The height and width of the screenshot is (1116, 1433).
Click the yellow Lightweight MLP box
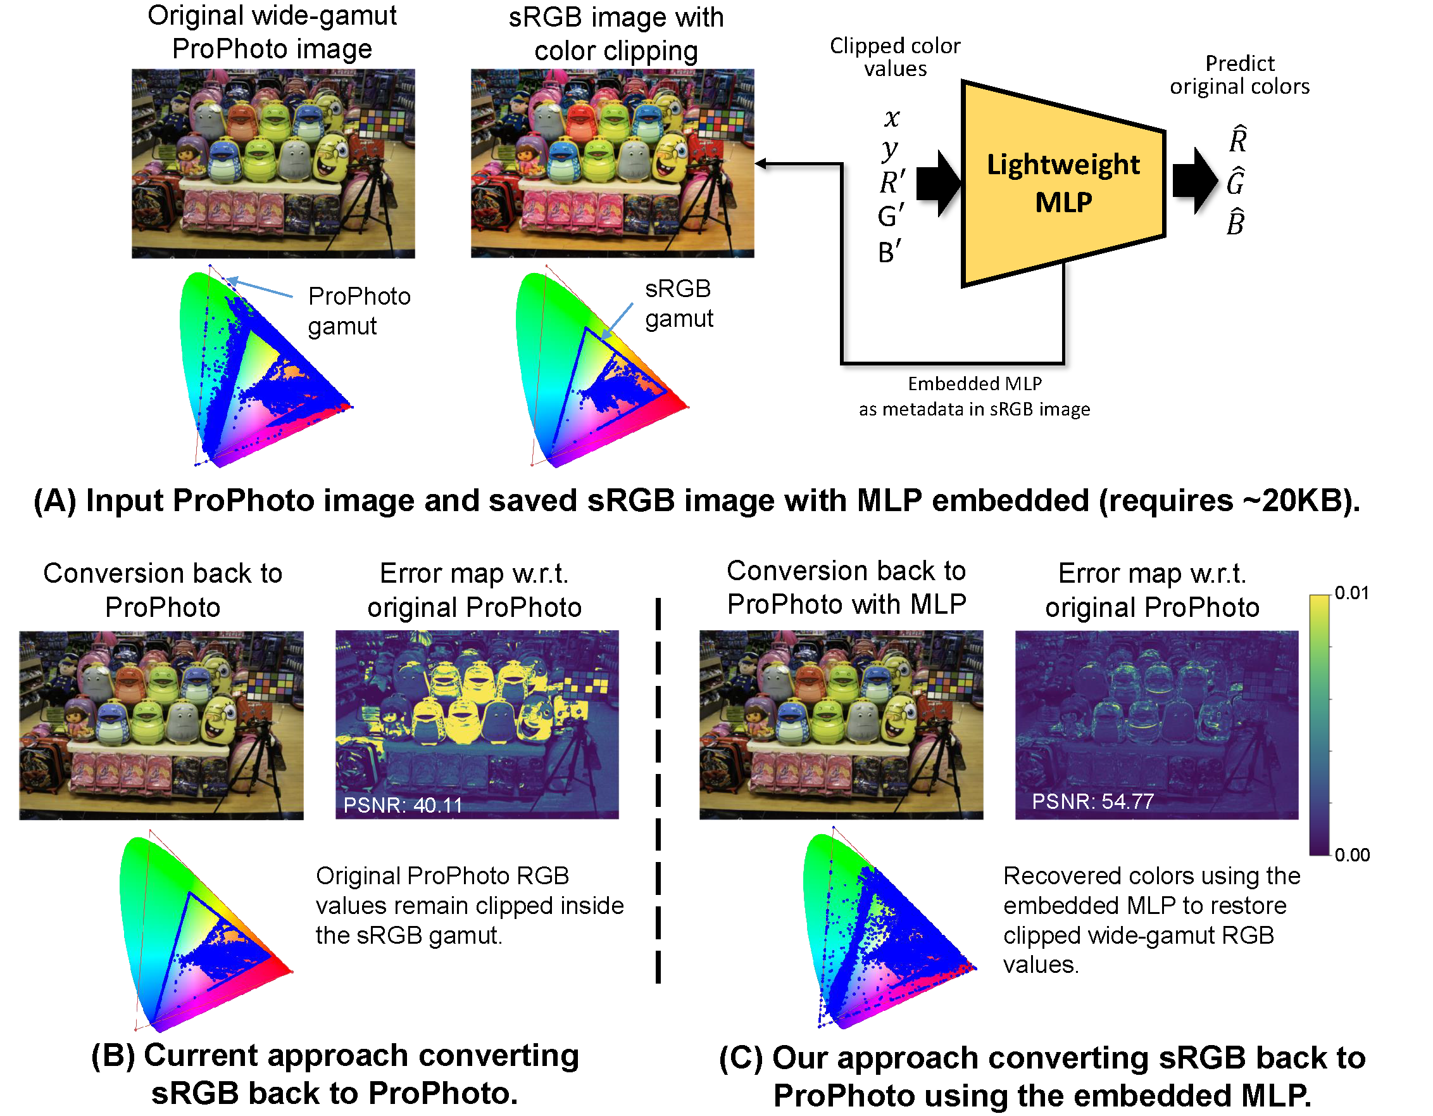pos(1063,184)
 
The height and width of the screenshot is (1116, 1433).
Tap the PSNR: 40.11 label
pos(403,806)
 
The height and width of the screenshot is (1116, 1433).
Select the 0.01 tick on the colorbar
pos(1351,593)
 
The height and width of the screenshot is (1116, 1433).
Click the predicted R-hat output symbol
pos(1237,139)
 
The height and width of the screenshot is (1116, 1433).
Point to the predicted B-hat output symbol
pos(1236,222)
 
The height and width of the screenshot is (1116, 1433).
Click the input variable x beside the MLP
pos(891,118)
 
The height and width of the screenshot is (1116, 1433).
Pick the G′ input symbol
pos(891,216)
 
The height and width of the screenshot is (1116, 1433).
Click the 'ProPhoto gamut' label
pos(359,311)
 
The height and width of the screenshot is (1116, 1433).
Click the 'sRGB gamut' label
pos(679,303)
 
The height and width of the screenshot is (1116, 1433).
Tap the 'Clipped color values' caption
pos(895,57)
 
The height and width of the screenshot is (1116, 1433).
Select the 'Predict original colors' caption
pos(1239,75)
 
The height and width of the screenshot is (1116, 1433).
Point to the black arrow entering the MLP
pos(938,183)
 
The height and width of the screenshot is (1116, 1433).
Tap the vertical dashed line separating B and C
pos(658,788)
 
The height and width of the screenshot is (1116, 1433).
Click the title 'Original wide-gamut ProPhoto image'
pos(272,32)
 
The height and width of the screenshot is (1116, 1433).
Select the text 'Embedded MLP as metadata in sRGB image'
pos(974,396)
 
